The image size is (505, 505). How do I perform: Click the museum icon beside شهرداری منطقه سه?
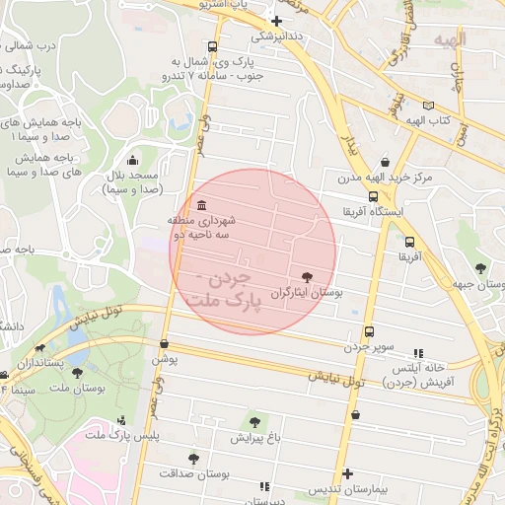point(202,205)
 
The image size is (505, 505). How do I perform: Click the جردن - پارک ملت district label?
point(234,290)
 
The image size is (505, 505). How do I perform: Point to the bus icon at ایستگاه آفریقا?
point(372,196)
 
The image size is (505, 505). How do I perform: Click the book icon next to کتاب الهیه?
point(427,106)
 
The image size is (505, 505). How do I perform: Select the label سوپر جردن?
point(369,347)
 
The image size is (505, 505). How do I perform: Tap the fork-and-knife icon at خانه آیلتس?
point(419,352)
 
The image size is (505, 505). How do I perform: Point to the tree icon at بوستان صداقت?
point(193,459)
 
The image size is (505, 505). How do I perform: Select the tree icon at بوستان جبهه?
point(480,268)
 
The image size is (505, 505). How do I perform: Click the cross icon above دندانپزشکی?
point(276,21)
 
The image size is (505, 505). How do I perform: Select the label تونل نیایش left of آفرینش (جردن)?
point(335,377)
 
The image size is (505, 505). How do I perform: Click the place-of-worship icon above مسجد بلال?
point(133,161)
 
